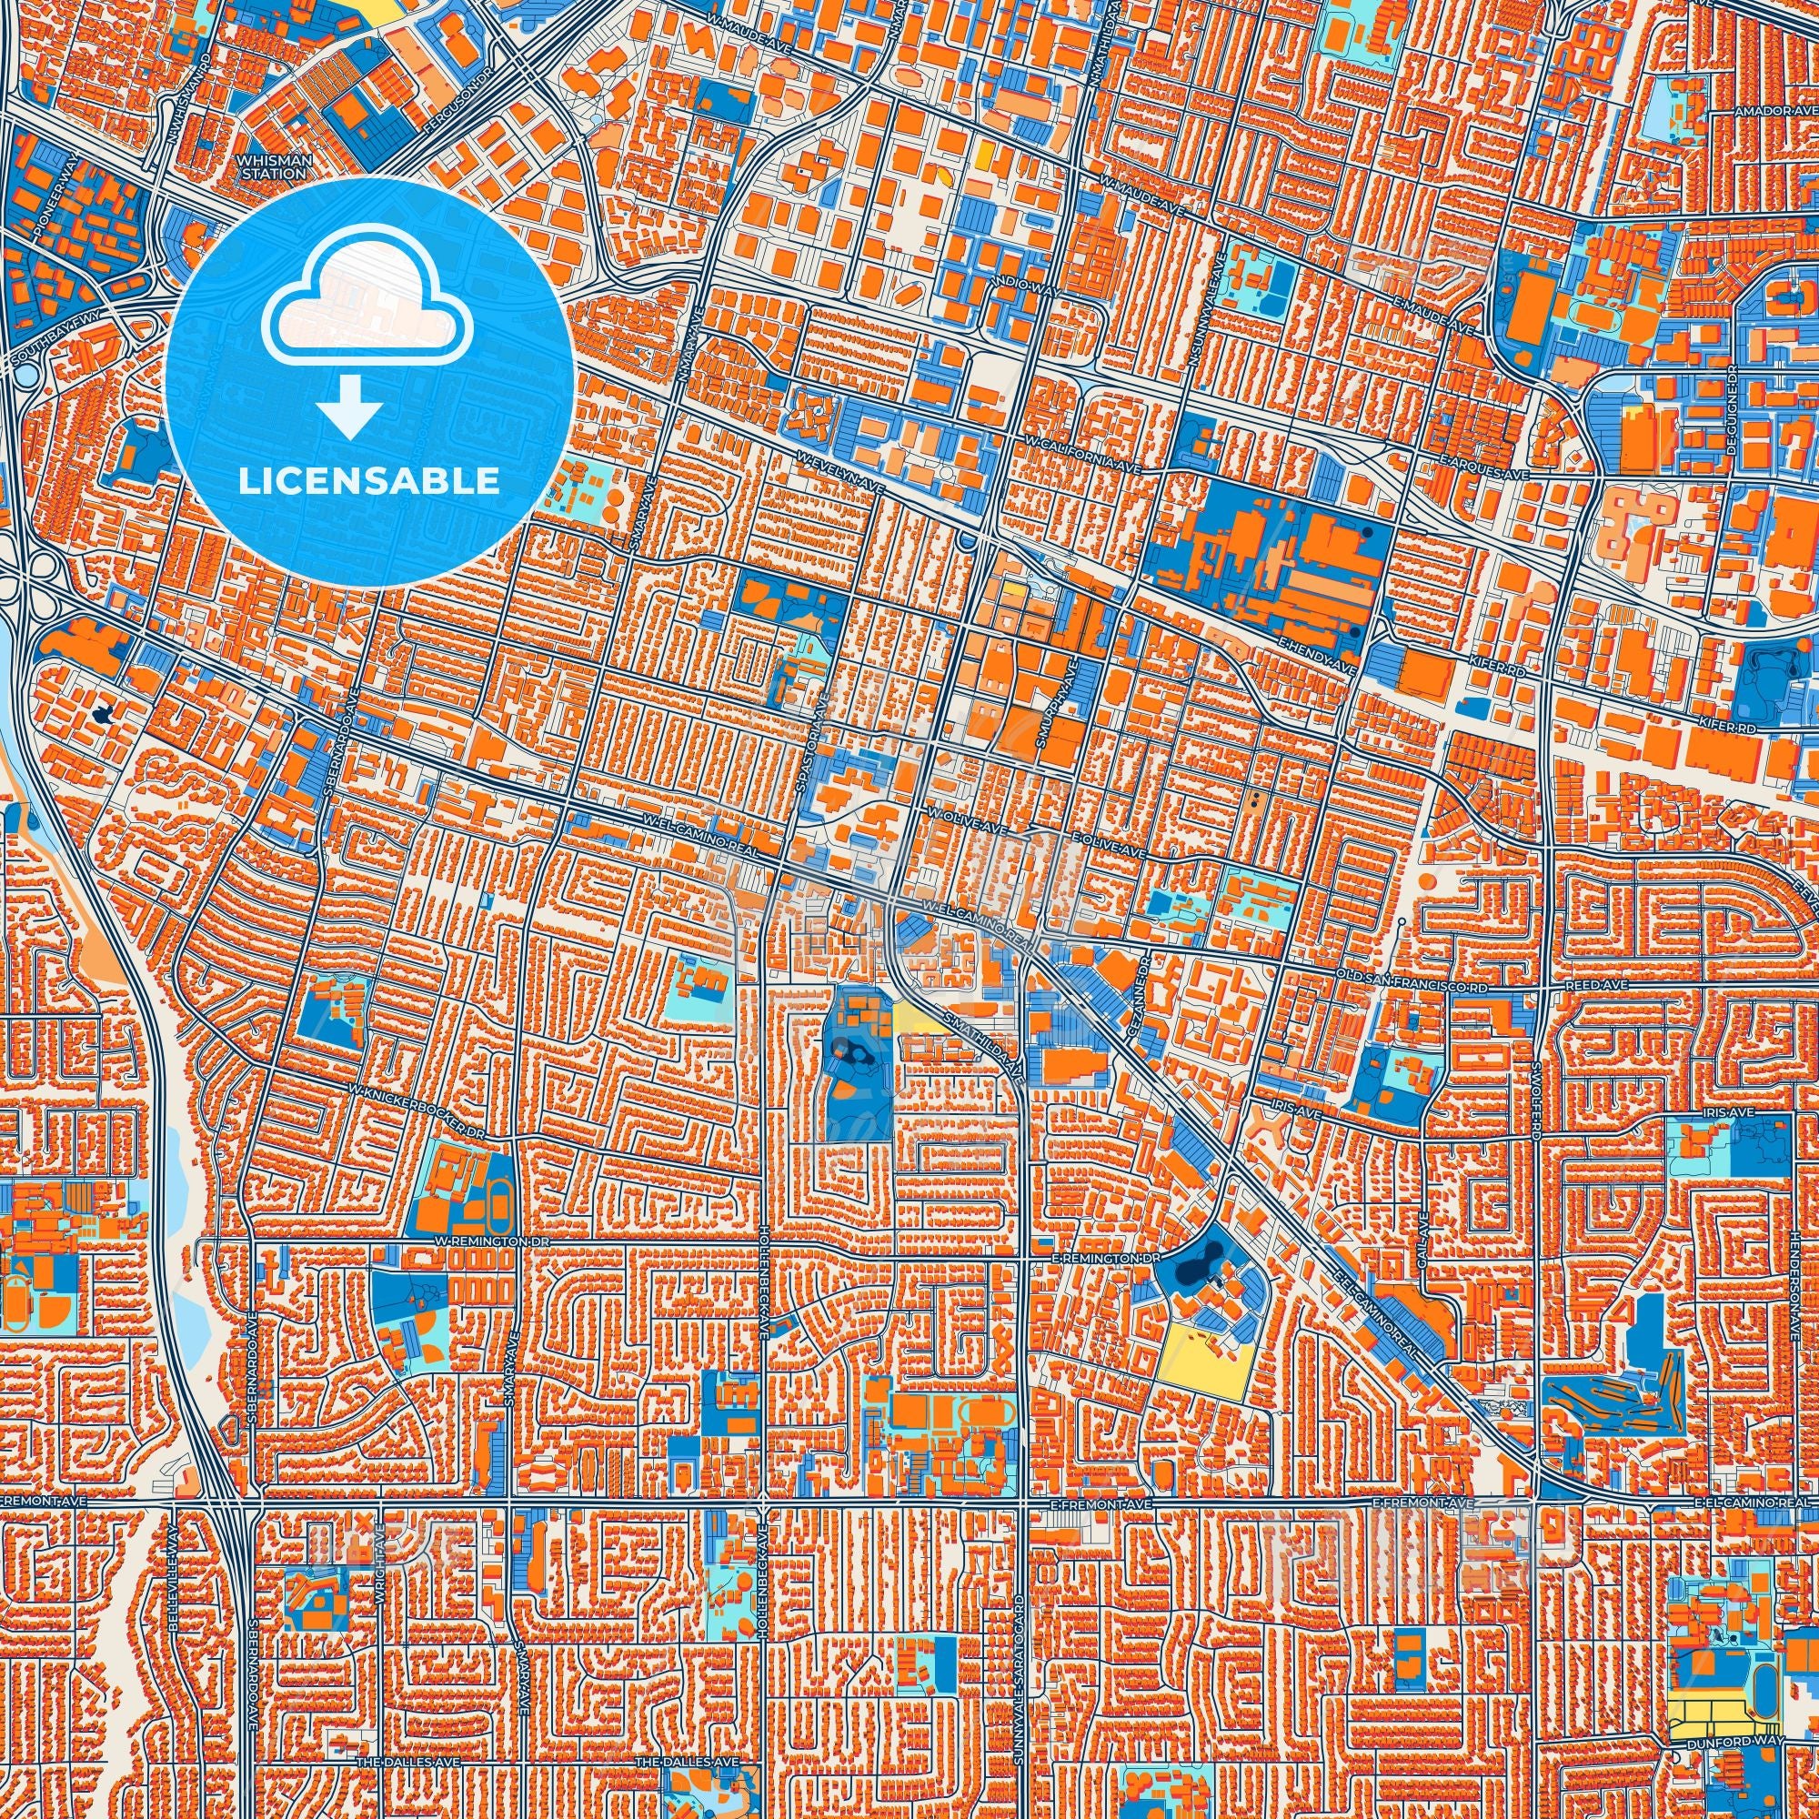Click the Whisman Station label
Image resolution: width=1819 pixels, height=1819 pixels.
[x=274, y=166]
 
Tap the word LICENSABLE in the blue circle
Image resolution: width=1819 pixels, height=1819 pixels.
[x=368, y=481]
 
